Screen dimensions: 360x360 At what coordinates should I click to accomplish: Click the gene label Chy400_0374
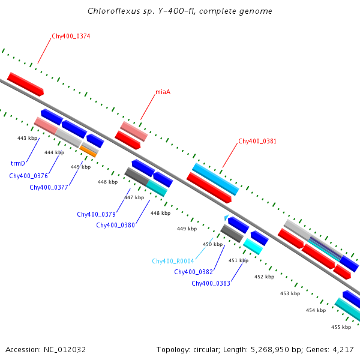click(x=71, y=37)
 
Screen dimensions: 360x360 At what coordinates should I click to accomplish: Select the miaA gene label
click(x=163, y=92)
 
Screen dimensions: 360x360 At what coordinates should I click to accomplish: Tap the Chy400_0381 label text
click(x=257, y=142)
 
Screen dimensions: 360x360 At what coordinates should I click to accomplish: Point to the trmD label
click(x=18, y=163)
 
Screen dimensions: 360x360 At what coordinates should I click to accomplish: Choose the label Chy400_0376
click(x=28, y=176)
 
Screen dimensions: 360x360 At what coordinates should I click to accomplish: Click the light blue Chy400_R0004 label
click(x=172, y=261)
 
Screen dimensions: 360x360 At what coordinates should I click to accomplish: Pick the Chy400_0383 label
click(x=211, y=283)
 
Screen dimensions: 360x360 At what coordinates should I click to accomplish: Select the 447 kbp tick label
click(x=134, y=197)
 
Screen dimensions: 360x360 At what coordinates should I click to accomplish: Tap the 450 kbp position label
click(x=212, y=244)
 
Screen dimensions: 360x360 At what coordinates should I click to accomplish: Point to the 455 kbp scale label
click(x=341, y=327)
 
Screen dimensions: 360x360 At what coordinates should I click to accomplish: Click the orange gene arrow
click(x=88, y=151)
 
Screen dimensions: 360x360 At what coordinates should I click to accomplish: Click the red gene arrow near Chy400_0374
click(x=26, y=85)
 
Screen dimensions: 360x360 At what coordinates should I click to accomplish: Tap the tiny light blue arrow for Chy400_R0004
click(x=226, y=218)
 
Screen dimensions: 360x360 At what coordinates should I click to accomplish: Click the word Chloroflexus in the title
click(x=110, y=11)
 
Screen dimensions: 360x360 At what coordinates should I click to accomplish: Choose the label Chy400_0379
click(x=96, y=214)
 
